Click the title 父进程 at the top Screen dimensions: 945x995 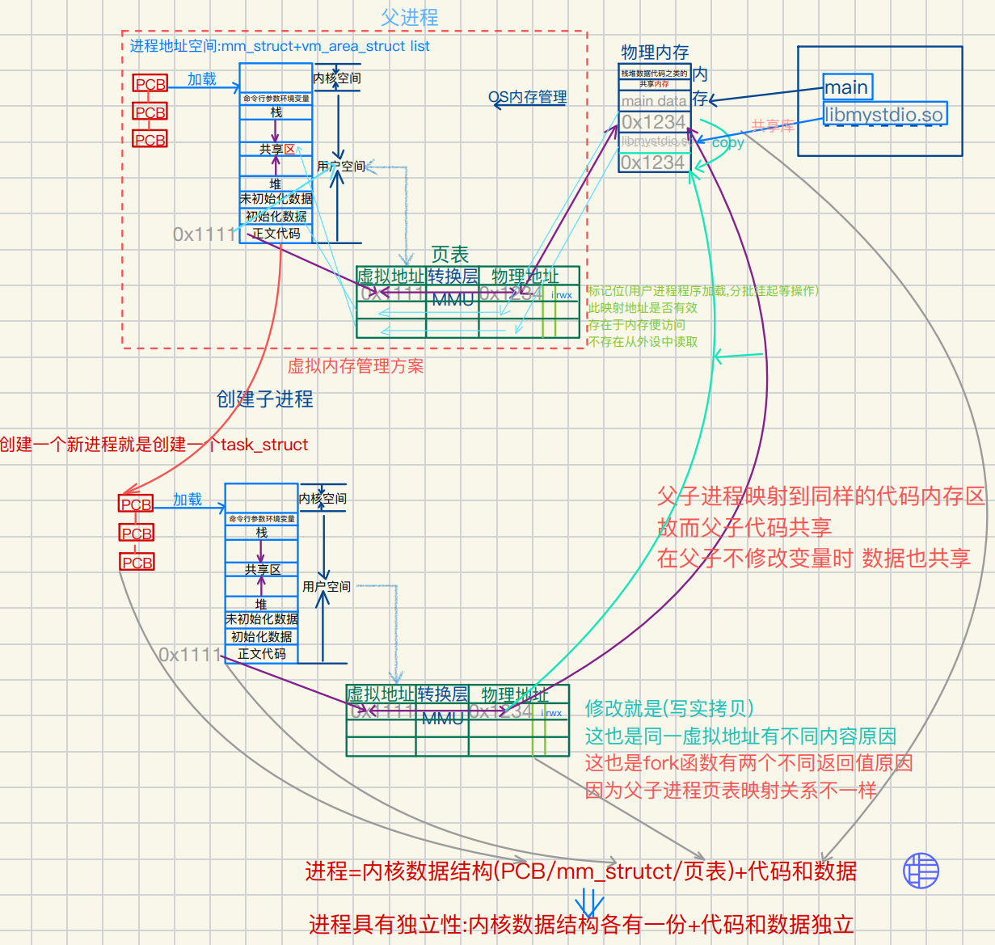pos(409,17)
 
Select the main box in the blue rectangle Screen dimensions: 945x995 pos(847,87)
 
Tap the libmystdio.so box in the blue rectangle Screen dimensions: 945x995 pos(884,114)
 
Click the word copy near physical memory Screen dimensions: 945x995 pos(727,142)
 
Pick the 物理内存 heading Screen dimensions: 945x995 pos(655,53)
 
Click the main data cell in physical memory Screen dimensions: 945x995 pos(654,101)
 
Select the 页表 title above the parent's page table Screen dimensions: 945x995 pos(449,255)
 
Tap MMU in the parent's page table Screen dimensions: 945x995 pos(452,300)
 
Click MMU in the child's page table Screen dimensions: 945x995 pos(442,718)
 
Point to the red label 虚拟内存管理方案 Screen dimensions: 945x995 pos(356,366)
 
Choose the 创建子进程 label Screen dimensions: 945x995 pos(265,399)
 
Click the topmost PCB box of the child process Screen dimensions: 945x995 pos(136,504)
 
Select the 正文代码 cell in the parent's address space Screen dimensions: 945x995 pos(276,234)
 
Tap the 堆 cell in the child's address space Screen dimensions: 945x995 pos(261,604)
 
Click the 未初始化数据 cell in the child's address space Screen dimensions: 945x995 pos(261,619)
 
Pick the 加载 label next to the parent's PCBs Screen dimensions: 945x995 pos(202,79)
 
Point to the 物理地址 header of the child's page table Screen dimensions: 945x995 pos(515,694)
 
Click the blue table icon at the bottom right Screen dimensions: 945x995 pos(921,871)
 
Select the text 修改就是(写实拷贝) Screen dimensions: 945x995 pos(669,709)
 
